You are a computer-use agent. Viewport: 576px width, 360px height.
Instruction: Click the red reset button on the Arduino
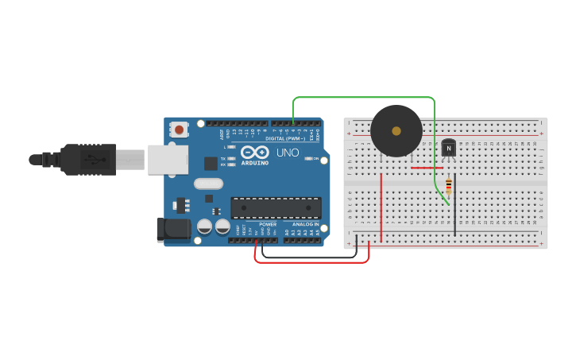[180, 130]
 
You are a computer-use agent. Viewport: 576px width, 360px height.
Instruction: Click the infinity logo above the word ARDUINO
[254, 152]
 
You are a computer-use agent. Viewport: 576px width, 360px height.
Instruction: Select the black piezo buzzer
[396, 131]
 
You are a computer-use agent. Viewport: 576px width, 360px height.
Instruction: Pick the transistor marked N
[449, 147]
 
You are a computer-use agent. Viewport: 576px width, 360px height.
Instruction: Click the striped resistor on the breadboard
[448, 187]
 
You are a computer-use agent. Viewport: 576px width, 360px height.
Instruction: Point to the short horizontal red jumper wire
[427, 168]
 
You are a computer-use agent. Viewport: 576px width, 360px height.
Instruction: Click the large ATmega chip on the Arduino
[276, 207]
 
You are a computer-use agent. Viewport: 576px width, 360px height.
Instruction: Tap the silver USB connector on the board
[168, 159]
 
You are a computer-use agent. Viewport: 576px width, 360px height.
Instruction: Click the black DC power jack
[173, 230]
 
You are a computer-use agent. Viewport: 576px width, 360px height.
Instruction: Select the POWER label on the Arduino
[268, 224]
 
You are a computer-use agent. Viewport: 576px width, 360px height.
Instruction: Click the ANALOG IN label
[305, 224]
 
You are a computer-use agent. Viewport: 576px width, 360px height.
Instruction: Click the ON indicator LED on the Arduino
[308, 158]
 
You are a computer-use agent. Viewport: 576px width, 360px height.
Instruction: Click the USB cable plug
[87, 159]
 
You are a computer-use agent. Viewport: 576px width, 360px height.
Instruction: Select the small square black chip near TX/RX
[211, 163]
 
